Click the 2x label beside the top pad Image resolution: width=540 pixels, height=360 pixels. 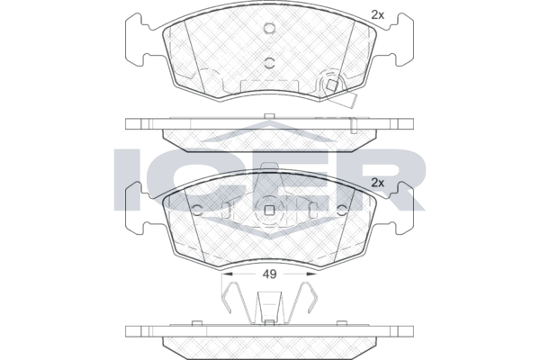[377, 14]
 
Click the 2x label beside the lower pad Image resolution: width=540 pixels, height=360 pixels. [377, 183]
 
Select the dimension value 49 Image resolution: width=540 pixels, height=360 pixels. [269, 274]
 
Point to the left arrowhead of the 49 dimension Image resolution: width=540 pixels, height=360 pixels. [227, 274]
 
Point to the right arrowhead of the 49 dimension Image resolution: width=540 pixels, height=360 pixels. [311, 274]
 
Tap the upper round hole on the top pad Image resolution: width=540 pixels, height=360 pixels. [269, 29]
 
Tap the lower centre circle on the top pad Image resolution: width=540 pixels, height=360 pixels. [269, 62]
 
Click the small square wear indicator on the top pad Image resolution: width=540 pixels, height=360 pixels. [331, 85]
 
